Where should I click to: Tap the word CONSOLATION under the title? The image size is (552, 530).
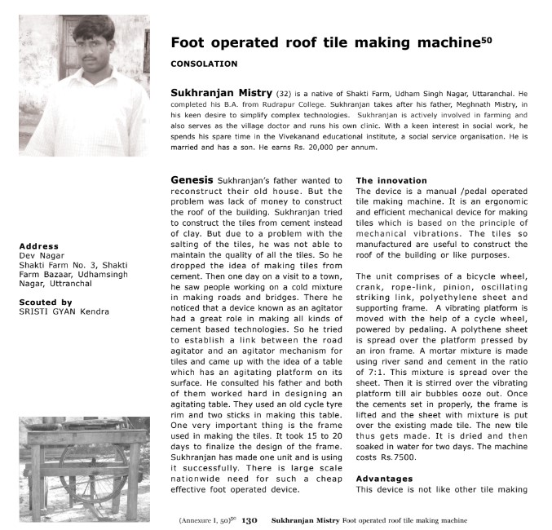click(204, 64)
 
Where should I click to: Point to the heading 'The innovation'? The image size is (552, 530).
click(391, 180)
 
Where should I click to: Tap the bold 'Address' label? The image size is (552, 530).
click(38, 246)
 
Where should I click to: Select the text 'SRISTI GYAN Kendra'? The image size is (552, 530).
click(64, 311)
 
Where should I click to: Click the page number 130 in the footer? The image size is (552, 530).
click(250, 519)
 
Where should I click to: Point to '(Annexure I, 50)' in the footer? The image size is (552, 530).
click(205, 519)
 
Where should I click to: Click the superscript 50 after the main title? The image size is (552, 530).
click(486, 38)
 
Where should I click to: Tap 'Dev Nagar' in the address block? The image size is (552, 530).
click(37, 255)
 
